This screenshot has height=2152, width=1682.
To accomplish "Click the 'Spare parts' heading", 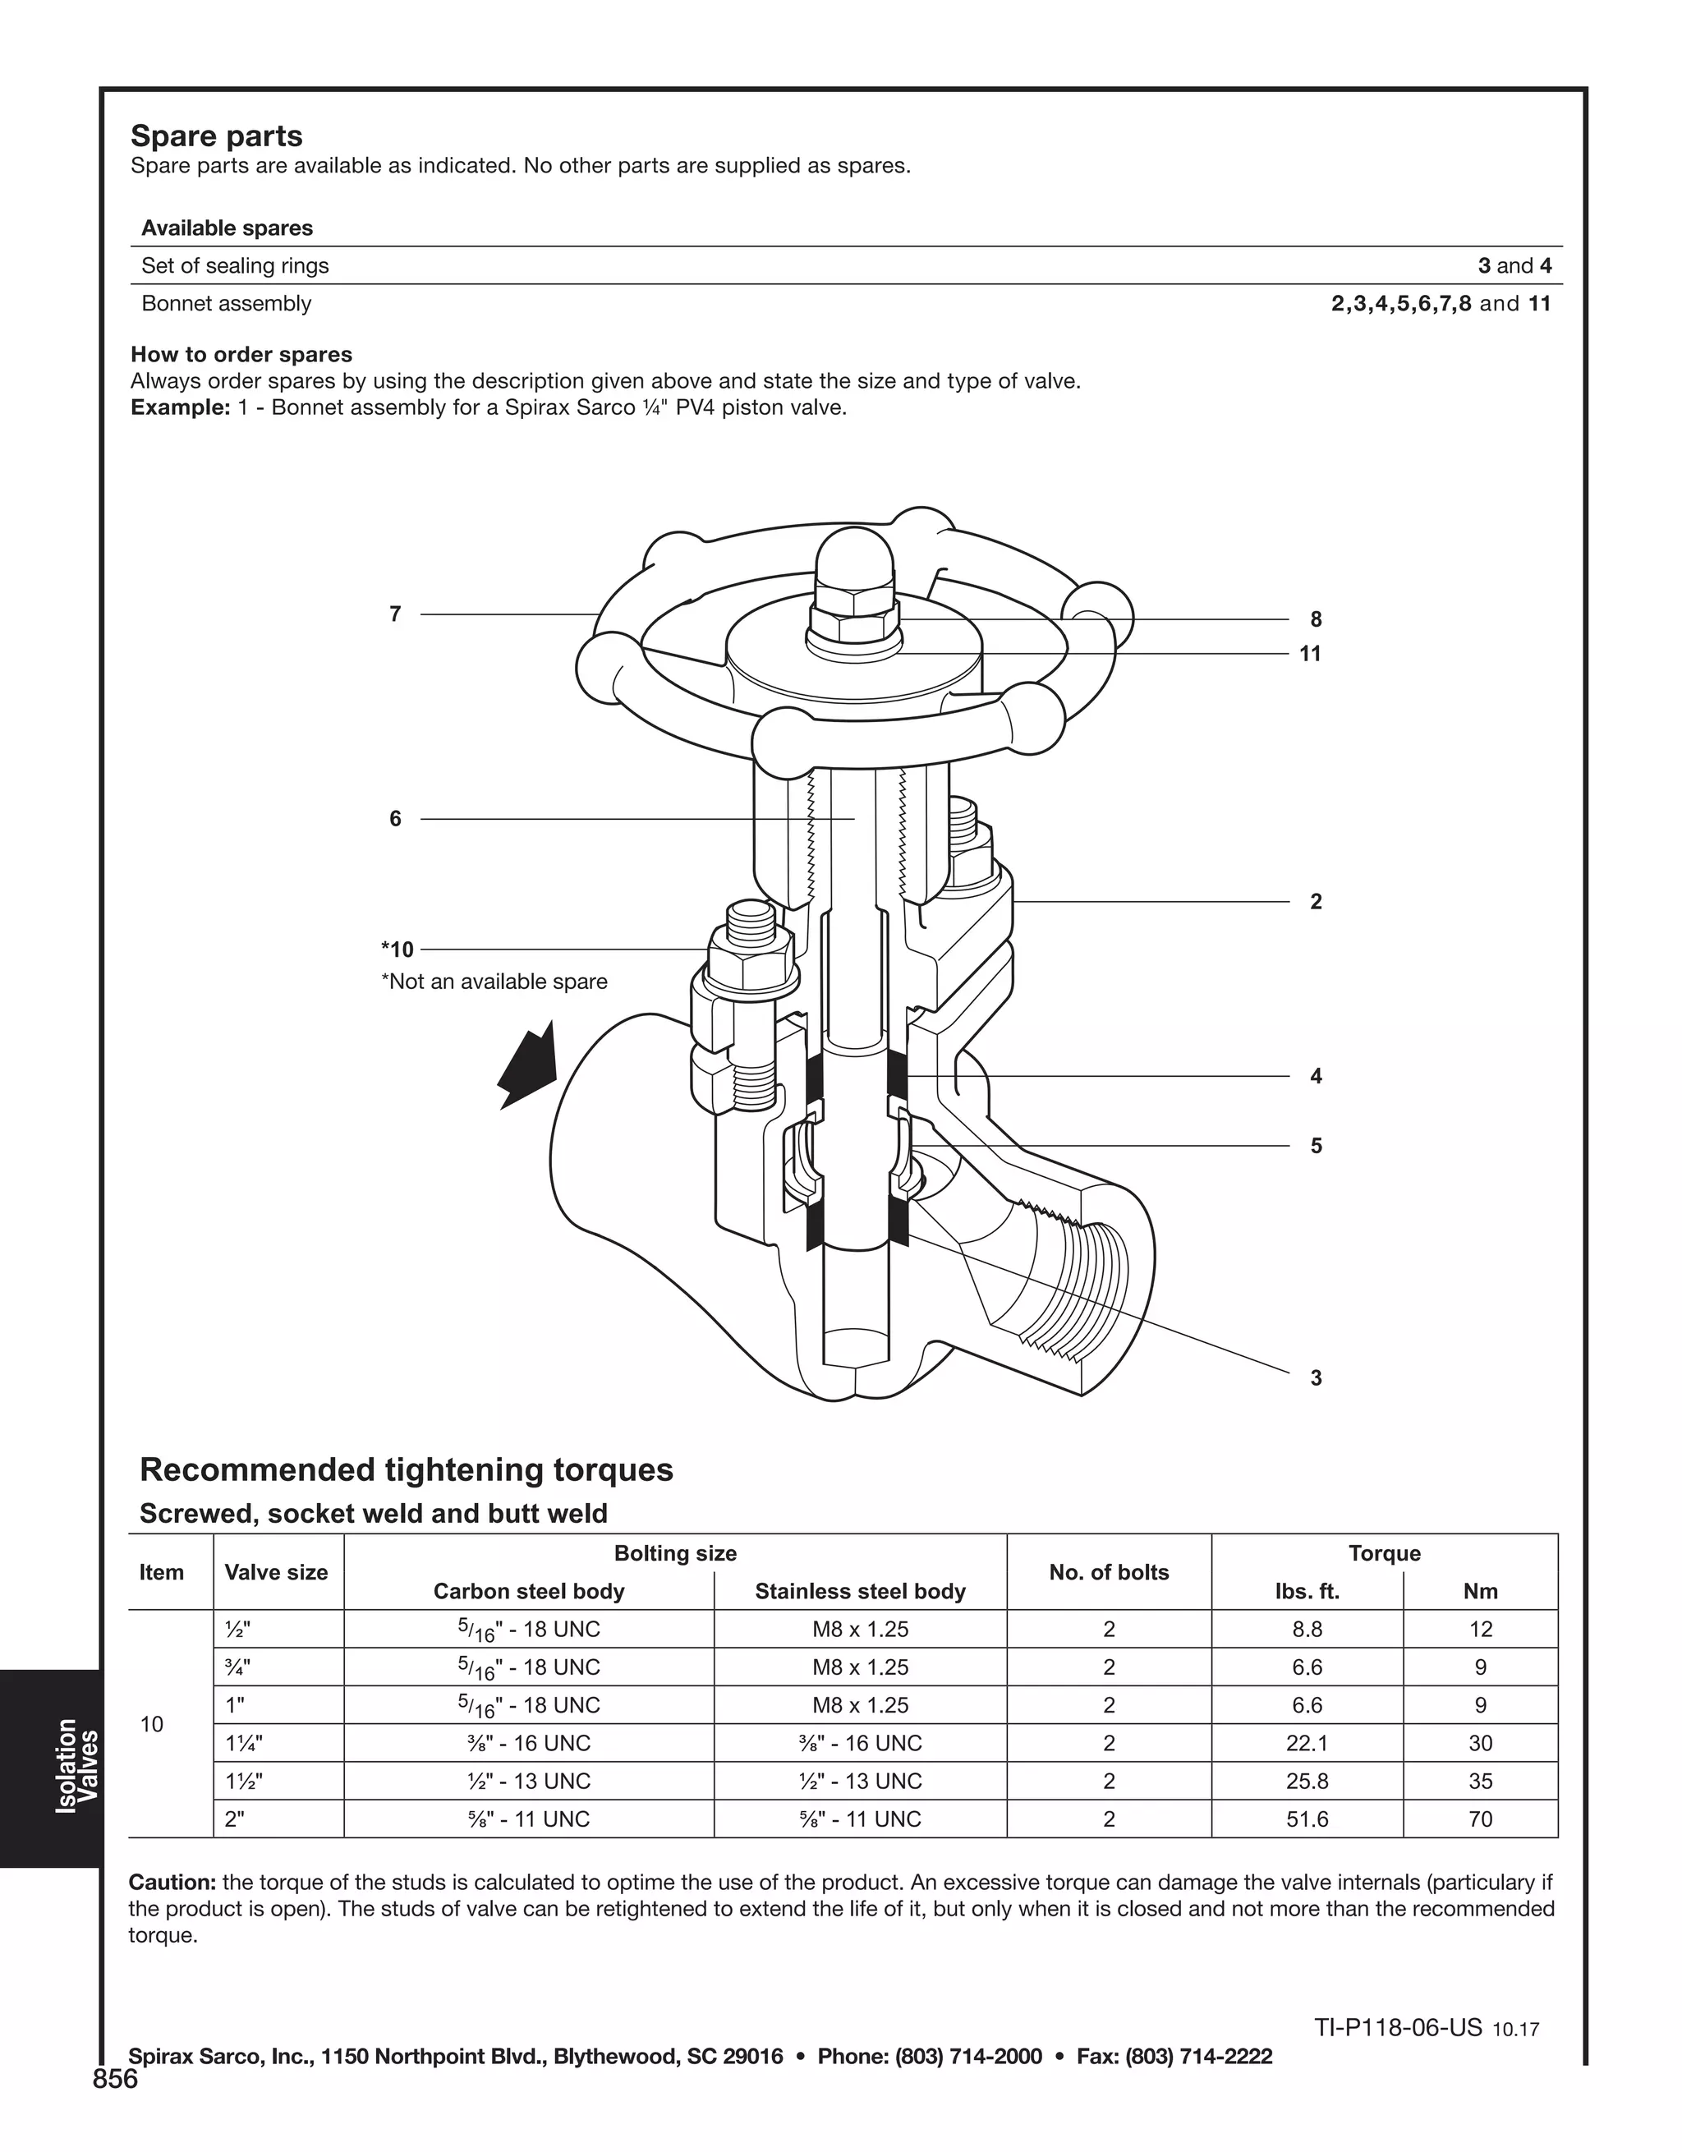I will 216,136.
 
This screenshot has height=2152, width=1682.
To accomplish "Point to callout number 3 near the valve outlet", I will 1316,1377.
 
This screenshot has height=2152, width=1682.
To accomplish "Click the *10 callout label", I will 398,950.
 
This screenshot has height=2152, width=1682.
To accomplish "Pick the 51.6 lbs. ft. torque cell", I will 1307,1819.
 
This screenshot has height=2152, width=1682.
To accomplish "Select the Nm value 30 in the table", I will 1480,1743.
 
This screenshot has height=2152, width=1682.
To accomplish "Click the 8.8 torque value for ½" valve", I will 1307,1629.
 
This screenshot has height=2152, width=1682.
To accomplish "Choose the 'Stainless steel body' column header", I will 859,1591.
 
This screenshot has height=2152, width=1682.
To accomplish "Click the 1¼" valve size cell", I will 243,1743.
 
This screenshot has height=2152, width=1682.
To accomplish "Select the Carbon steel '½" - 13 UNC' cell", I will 529,1781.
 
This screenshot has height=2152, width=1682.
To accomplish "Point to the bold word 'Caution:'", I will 172,1883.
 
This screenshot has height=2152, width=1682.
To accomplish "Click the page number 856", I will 115,2079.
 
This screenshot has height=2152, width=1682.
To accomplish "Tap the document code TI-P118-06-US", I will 1397,2027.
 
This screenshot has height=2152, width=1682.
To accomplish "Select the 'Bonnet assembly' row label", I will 227,303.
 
